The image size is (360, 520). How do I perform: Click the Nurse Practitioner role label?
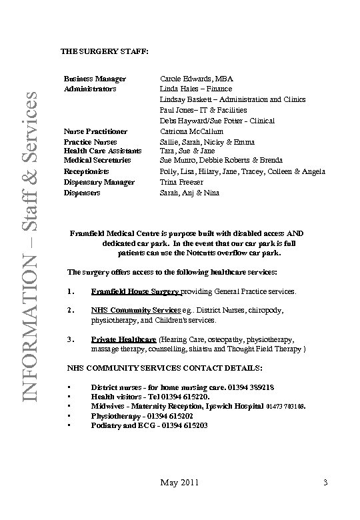pos(95,131)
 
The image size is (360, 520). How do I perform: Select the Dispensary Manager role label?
pos(99,182)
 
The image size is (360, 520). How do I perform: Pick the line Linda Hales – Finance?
pos(196,89)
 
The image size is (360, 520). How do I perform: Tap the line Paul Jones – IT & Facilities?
pos(203,110)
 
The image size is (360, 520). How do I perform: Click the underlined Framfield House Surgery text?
pos(135,292)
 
